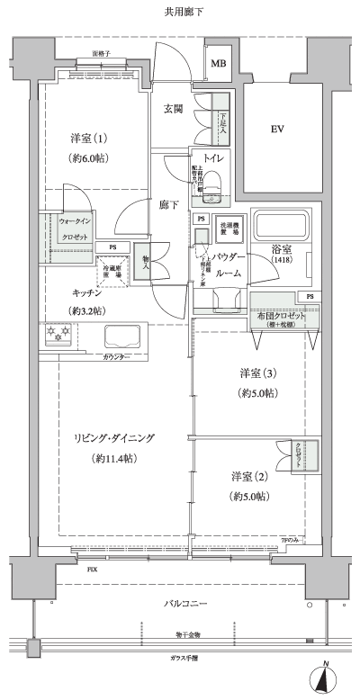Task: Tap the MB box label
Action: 219,64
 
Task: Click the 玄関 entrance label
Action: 174,109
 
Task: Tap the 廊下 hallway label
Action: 169,204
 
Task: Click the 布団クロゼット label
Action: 278,317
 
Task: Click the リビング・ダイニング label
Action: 114,438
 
